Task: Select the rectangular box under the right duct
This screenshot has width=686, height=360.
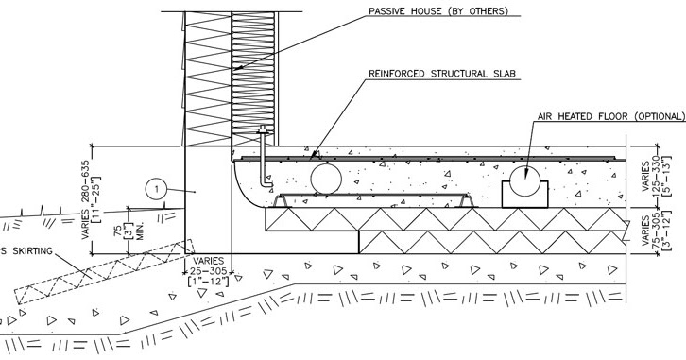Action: pos(525,196)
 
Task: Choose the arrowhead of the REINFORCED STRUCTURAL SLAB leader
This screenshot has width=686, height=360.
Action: pos(313,152)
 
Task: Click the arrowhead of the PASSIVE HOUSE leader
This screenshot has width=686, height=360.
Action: pos(235,70)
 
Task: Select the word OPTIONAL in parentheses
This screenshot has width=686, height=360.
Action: pos(646,116)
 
